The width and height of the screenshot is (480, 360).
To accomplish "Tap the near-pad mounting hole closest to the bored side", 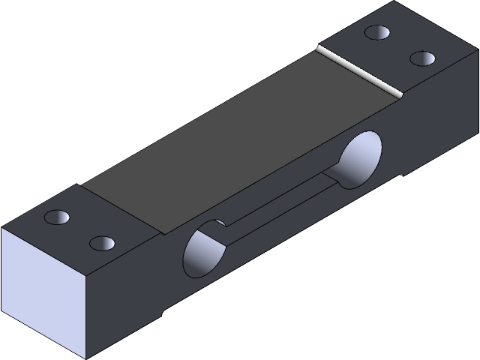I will [101, 243].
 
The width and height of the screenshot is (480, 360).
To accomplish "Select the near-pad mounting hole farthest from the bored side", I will [57, 217].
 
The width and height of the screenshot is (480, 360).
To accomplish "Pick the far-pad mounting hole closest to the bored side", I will [423, 58].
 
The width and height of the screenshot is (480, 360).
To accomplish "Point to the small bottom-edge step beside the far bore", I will [403, 176].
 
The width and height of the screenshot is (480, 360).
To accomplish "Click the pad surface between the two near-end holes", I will [79, 230].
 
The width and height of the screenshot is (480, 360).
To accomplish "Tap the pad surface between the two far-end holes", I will [400, 45].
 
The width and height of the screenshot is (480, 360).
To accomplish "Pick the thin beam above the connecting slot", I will [277, 184].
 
